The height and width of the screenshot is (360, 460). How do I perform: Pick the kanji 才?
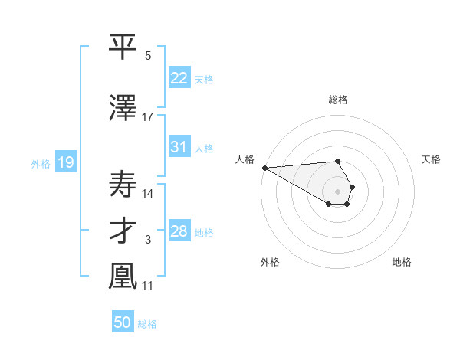tap(123, 231)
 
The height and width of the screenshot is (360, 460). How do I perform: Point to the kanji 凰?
tap(123, 277)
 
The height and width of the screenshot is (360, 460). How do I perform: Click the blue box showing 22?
tap(179, 77)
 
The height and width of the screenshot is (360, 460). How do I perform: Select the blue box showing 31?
tap(179, 147)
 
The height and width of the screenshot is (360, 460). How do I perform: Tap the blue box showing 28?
tap(179, 231)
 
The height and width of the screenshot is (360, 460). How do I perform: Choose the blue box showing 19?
tap(65, 162)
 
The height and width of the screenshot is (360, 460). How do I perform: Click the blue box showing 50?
tap(123, 322)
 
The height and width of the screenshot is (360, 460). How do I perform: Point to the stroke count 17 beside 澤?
tap(148, 116)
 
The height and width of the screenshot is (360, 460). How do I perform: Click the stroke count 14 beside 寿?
tap(148, 193)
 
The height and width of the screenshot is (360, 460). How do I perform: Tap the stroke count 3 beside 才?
tap(148, 241)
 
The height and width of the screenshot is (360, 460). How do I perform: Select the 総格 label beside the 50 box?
tap(147, 324)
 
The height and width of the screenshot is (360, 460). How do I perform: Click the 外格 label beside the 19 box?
tap(40, 163)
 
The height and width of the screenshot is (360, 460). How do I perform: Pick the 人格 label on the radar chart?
tap(244, 159)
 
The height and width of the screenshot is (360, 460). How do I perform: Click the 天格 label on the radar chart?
tap(431, 159)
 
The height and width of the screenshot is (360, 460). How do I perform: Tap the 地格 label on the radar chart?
tap(402, 262)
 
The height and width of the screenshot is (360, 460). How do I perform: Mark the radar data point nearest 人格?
tap(264, 168)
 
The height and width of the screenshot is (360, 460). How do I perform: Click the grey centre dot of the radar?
tap(337, 191)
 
